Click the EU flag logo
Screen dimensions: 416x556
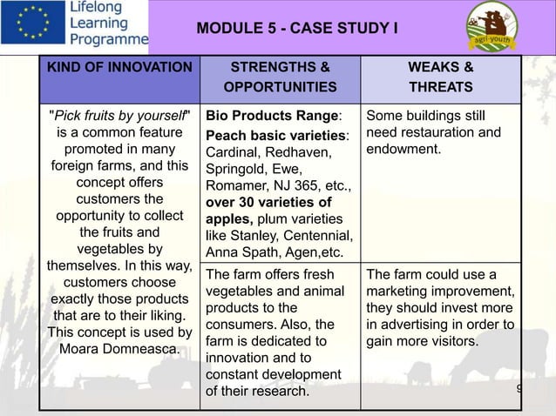31,24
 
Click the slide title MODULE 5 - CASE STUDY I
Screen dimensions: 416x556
297,29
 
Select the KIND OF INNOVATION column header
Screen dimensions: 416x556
120,67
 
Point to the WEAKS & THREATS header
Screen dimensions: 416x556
441,77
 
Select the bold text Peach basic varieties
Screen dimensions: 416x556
275,136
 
